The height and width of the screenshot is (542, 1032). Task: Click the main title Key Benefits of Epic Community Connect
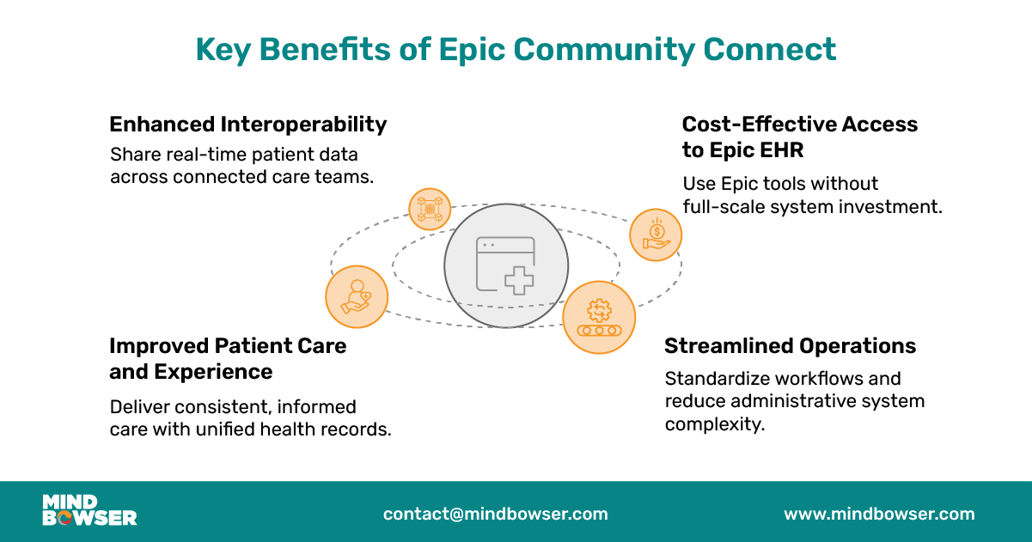[x=516, y=49]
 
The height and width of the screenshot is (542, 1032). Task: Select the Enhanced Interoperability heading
[x=247, y=125]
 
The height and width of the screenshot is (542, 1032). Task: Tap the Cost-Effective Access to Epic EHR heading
[x=799, y=137]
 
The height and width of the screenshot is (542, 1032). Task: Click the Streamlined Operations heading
[x=790, y=346]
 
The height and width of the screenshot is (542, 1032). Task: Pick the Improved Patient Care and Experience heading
[x=228, y=358]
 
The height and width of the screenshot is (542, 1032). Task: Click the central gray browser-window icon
[x=506, y=265]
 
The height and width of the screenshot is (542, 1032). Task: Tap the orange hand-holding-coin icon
[x=656, y=235]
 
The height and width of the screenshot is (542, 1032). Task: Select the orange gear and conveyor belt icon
[x=599, y=317]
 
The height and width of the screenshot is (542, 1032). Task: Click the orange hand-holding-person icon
[x=357, y=296]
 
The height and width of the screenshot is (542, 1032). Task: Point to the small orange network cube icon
[x=429, y=209]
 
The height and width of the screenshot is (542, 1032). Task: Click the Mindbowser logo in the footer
[x=89, y=510]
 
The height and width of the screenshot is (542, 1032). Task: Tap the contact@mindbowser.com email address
[x=495, y=515]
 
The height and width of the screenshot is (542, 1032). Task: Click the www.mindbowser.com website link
[x=879, y=515]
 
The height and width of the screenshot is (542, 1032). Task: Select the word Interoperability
[x=303, y=125]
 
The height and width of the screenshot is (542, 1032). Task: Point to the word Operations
[x=858, y=346]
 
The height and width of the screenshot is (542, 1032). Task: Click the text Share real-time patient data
[x=234, y=155]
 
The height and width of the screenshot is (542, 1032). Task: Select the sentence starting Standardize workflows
[x=783, y=379]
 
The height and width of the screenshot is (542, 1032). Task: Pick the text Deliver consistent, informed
[x=233, y=406]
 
